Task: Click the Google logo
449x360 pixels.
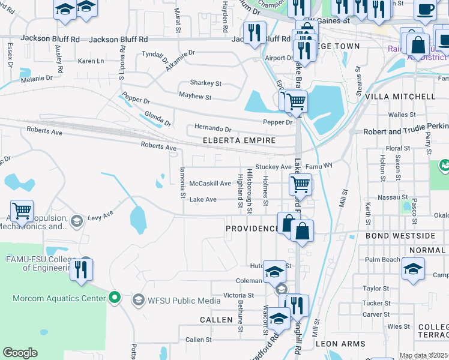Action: [x=20, y=353]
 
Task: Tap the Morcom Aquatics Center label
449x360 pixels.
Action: [x=59, y=298]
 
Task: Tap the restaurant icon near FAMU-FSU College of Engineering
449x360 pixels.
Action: [x=82, y=269]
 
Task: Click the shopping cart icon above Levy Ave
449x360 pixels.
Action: [x=22, y=211]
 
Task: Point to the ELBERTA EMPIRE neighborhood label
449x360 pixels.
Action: [x=239, y=140]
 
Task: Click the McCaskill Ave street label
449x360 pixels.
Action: [x=210, y=184]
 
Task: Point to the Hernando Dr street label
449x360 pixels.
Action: [x=212, y=128]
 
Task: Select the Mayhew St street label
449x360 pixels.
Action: [x=195, y=97]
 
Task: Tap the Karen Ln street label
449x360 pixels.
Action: [x=91, y=61]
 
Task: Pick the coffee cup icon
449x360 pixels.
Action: [x=426, y=10]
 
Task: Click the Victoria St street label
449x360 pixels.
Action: [x=239, y=295]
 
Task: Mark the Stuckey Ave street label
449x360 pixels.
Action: [x=273, y=167]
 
